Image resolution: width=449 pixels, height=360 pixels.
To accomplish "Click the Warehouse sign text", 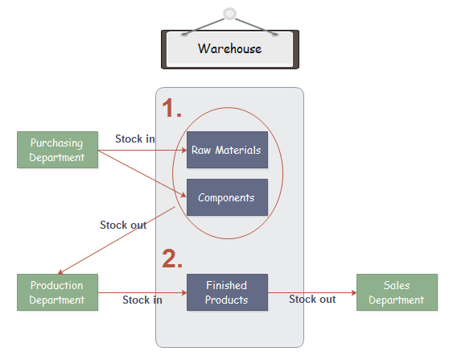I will (x=229, y=48).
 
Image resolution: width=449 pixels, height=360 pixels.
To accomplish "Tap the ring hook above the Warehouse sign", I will (x=230, y=14).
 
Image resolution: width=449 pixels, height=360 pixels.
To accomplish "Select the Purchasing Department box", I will (x=57, y=150).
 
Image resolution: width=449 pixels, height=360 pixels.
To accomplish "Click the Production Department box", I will (x=57, y=292).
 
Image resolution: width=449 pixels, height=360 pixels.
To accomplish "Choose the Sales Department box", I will (x=397, y=292).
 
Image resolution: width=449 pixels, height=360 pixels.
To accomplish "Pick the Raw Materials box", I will (x=227, y=150).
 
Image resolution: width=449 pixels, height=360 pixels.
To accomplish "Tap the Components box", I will (x=227, y=197).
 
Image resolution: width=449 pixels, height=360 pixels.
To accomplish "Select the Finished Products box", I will (x=227, y=292).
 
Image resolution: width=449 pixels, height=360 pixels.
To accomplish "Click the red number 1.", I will (x=171, y=108).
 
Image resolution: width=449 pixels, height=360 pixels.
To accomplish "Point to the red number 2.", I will (x=172, y=258).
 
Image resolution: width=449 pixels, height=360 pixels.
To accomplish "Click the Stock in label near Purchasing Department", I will (x=135, y=139).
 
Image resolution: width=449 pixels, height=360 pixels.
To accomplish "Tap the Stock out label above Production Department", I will (x=123, y=225).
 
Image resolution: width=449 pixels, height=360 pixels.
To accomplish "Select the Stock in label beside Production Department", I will (x=142, y=300).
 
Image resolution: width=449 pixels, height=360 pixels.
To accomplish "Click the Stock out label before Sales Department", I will (x=312, y=299).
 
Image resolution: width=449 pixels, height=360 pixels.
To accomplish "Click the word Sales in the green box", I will (x=397, y=286).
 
